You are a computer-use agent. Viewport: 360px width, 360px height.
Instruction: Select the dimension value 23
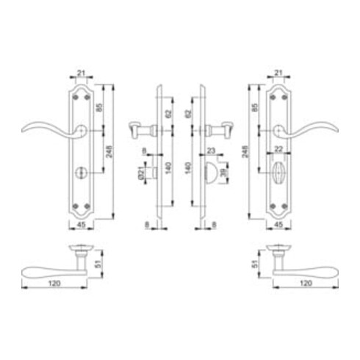[x=210, y=151]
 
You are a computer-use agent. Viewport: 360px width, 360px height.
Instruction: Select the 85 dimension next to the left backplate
[x=99, y=112]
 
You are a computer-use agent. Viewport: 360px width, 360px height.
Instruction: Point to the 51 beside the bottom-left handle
[x=97, y=259]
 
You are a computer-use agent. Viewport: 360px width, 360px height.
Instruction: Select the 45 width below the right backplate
[x=278, y=226]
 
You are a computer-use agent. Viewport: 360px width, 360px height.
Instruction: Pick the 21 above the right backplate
[x=278, y=73]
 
